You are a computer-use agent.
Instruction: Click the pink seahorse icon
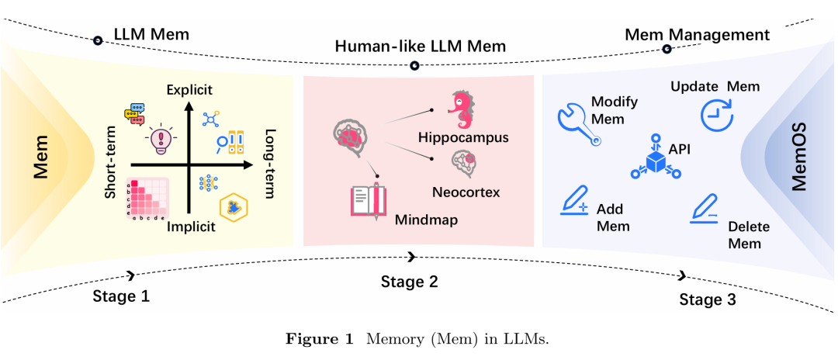(x=463, y=111)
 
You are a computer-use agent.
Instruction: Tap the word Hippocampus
(x=463, y=138)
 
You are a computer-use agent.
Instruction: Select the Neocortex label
(x=466, y=191)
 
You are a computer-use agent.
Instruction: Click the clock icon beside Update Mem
(x=716, y=115)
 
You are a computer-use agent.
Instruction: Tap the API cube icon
(x=656, y=160)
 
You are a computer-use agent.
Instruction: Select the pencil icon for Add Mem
(x=575, y=202)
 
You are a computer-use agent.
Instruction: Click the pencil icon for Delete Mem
(x=707, y=206)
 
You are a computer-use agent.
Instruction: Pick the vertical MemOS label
(x=799, y=156)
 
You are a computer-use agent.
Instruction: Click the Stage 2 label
(x=410, y=282)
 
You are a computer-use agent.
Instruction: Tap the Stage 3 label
(x=708, y=300)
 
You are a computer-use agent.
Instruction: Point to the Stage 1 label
(x=120, y=296)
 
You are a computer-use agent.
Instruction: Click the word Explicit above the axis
(x=189, y=91)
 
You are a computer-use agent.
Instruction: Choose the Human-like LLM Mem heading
(x=420, y=47)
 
